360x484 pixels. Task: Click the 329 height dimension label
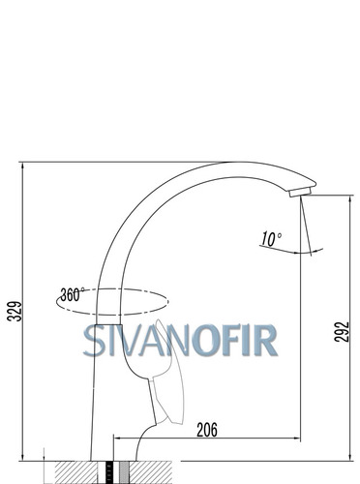click(15, 311)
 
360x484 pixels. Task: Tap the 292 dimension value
click(342, 332)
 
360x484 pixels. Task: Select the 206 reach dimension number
click(207, 430)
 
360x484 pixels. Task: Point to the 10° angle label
click(271, 239)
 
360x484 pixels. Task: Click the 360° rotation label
click(73, 294)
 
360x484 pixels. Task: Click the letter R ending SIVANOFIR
click(266, 341)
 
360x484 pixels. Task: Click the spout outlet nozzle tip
click(300, 192)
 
